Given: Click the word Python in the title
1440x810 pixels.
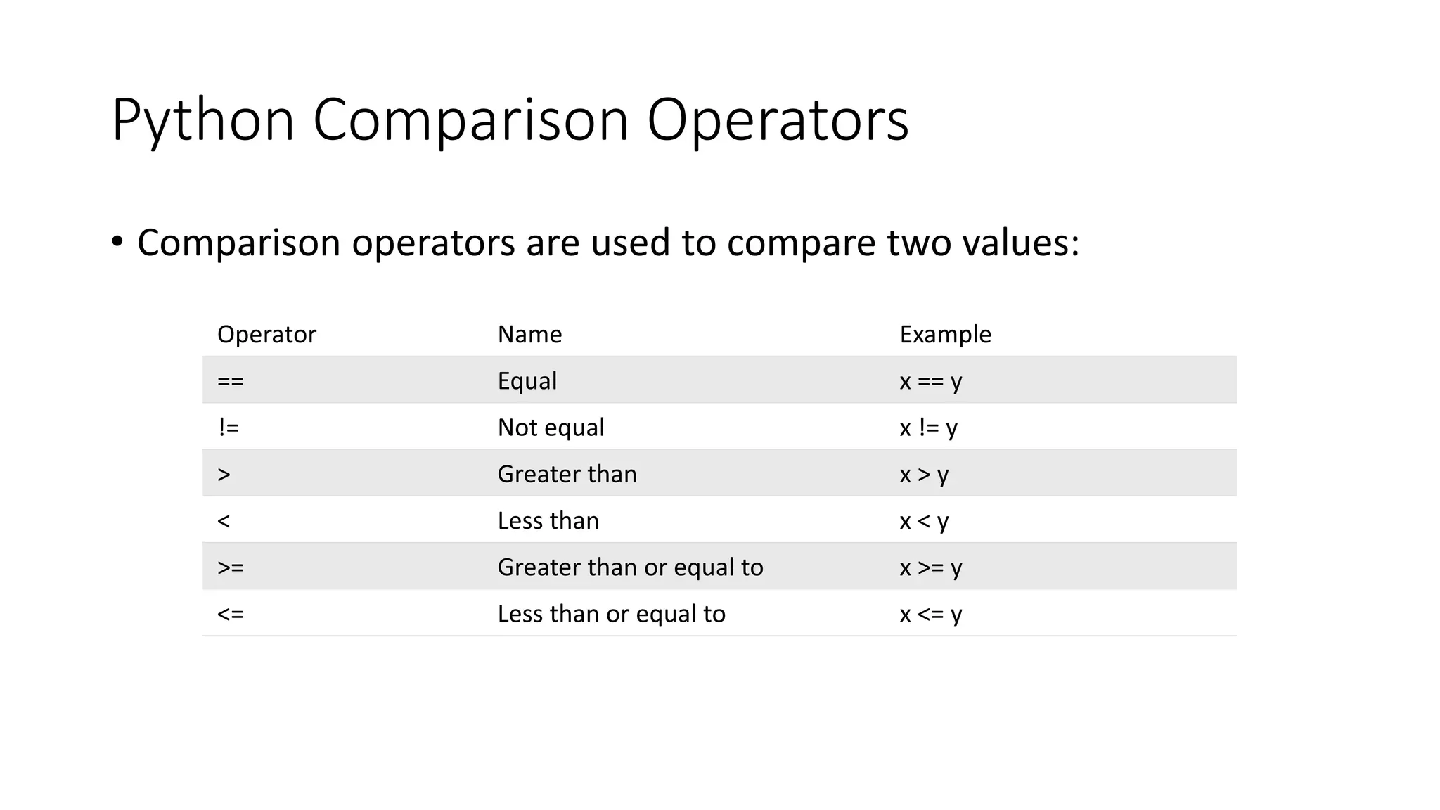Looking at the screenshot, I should point(202,121).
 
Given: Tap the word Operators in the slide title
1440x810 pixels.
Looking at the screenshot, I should point(778,121).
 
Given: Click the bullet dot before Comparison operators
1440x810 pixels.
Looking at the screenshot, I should point(117,242).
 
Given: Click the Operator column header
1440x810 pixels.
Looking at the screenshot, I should point(266,334).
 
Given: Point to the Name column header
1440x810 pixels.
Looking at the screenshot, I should point(529,334).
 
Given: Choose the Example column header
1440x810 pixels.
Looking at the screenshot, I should point(945,334).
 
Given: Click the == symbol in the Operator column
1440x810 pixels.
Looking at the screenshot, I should point(231,381).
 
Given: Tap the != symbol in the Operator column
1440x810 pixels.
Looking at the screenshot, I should point(229,427).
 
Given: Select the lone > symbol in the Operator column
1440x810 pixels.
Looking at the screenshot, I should point(224,475).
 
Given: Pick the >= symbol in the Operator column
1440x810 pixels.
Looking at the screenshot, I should point(231,567).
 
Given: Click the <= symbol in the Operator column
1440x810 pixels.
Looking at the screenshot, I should point(231,614).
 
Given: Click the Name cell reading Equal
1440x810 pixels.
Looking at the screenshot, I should point(527,381).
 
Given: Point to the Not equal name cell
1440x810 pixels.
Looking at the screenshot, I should point(551,427).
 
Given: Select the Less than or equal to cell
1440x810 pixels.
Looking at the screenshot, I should point(611,614).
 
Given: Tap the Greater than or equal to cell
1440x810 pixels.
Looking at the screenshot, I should point(630,567).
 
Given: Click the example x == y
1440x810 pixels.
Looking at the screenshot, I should point(930,381).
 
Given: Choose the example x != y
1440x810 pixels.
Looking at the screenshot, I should point(928,427).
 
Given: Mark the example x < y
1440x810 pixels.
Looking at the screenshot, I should point(924,521).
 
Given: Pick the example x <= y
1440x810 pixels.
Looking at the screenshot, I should point(930,614).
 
